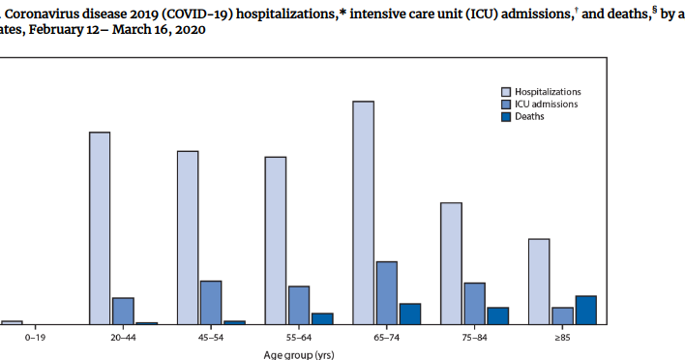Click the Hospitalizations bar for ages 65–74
[363, 213]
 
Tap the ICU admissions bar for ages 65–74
[386, 293]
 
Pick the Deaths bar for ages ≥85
[585, 310]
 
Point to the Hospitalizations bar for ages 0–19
[12, 322]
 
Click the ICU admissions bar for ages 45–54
[210, 303]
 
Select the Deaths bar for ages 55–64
[322, 318]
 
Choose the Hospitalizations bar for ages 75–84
[451, 263]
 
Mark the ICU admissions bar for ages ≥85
[562, 315]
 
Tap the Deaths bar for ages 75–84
[498, 315]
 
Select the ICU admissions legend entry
[546, 104]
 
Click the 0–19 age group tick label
[35, 338]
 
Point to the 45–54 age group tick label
[210, 338]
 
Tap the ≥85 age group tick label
[561, 338]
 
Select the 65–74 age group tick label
[386, 338]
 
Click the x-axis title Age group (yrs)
[299, 354]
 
